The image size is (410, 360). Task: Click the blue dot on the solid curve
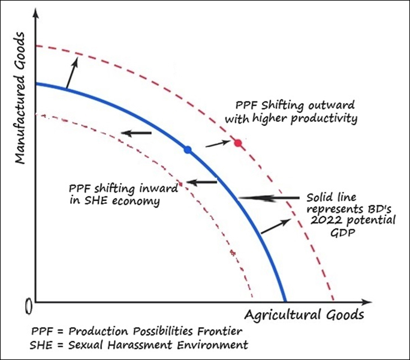tap(188, 149)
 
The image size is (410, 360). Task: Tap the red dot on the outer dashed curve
tap(238, 143)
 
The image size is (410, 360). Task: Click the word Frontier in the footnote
tap(221, 331)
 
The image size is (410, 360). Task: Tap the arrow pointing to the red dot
tap(217, 144)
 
